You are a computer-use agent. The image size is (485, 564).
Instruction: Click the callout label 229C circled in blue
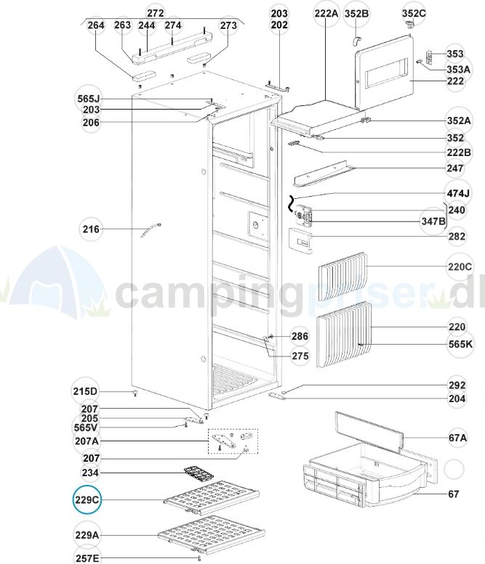(87, 500)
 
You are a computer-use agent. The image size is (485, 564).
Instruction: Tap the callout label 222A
(326, 13)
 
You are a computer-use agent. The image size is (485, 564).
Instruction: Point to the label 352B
(356, 13)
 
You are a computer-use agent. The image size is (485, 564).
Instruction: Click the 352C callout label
(414, 13)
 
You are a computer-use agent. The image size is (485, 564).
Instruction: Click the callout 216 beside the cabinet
(91, 230)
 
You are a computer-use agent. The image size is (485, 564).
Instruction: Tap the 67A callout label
(457, 438)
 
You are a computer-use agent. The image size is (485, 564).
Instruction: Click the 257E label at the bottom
(87, 557)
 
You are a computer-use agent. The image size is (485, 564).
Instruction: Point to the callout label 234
(91, 473)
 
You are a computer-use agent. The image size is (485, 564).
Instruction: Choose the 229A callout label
(87, 536)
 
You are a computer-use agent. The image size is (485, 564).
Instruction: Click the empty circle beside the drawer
(453, 470)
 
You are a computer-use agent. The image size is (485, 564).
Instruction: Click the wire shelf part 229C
(211, 501)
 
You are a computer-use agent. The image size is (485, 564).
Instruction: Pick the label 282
(457, 236)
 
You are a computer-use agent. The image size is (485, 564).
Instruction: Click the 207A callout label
(87, 441)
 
